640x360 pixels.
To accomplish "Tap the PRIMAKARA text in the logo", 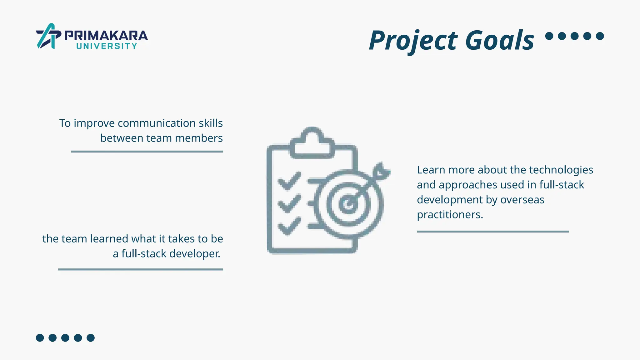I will click(106, 36).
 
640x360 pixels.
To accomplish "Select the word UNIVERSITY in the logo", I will click(107, 46).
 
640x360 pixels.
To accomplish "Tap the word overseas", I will click(522, 200).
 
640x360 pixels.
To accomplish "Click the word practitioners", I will click(450, 215).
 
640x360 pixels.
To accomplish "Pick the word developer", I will click(195, 254).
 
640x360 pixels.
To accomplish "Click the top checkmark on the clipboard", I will click(289, 181).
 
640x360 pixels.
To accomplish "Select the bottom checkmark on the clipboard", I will click(289, 226).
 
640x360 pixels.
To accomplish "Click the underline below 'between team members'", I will click(147, 152).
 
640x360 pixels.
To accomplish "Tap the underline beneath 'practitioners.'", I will click(492, 232).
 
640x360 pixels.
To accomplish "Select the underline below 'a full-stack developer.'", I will click(141, 269).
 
